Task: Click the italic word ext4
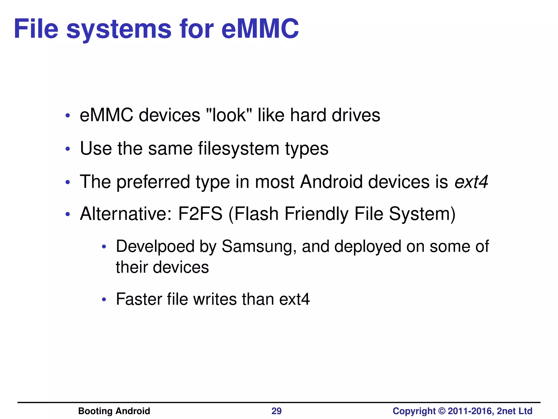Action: pyautogui.click(x=471, y=182)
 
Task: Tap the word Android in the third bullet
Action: pyautogui.click(x=331, y=182)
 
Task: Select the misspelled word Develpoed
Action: pyautogui.click(x=155, y=247)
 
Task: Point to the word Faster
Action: pyautogui.click(x=139, y=299)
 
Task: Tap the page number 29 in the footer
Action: pyautogui.click(x=277, y=411)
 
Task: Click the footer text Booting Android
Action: pyautogui.click(x=114, y=411)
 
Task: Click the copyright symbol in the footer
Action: pyautogui.click(x=442, y=411)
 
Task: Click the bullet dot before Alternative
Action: pyautogui.click(x=68, y=214)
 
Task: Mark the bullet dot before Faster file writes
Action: pyautogui.click(x=104, y=300)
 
